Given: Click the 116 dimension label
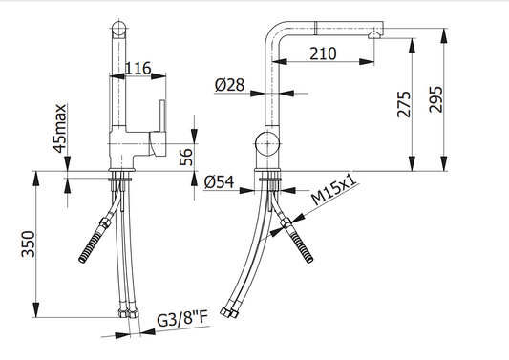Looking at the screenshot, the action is coord(138,68).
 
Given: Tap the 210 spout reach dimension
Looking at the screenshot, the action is coord(323,53).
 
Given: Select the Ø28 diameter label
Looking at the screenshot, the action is coord(229,85).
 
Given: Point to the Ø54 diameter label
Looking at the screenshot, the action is coord(219,182).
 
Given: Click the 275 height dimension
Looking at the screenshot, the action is coord(404,104).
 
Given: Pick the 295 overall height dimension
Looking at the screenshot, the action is coord(435,99).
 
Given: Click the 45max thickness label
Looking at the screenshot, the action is coord(60,128).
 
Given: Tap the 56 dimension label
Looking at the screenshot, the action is coord(186,158).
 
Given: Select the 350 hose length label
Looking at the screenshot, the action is coord(28,244).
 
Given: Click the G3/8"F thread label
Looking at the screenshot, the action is coord(182,319).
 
